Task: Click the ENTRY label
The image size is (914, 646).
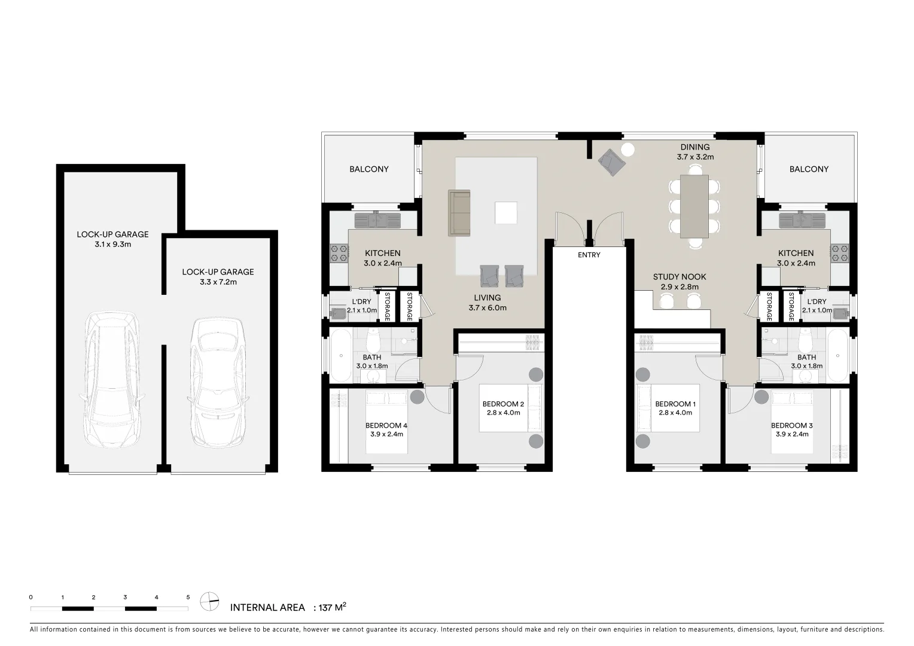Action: [589, 255]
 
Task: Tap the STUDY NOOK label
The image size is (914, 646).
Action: [679, 277]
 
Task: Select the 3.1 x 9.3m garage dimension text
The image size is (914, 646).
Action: [112, 245]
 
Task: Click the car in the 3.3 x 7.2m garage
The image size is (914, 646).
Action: [218, 383]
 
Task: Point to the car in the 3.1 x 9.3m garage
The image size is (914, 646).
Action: [112, 380]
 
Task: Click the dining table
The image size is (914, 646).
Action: [694, 206]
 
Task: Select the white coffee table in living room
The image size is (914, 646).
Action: [505, 213]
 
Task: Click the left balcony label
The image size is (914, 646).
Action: [369, 169]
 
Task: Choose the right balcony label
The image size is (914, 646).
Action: [809, 169]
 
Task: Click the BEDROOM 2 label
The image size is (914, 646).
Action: [503, 404]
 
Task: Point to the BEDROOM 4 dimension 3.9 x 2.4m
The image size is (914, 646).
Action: [386, 434]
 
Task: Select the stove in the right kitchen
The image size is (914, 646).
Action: [840, 253]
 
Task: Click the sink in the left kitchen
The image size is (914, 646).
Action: [377, 220]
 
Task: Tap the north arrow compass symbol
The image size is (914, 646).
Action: [209, 601]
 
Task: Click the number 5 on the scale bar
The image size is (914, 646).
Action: [188, 597]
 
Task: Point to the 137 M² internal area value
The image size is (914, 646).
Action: [333, 608]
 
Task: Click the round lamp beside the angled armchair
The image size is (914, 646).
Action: [629, 150]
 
